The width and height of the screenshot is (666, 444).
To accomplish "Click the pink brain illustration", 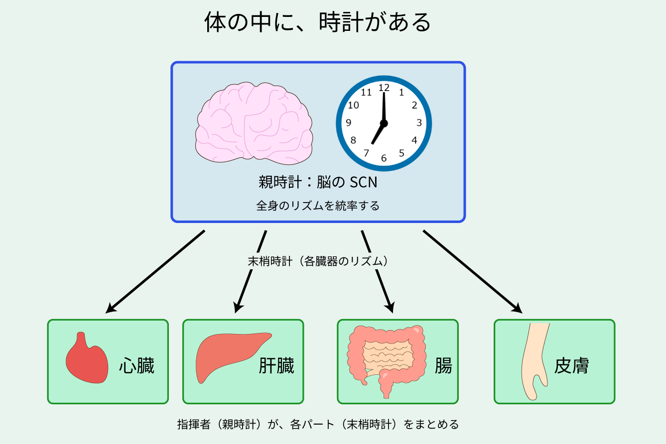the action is pyautogui.click(x=254, y=123).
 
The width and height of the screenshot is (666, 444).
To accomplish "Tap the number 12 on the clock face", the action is pyautogui.click(x=384, y=88).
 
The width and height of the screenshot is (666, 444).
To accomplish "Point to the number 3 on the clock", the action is pyautogui.click(x=419, y=123).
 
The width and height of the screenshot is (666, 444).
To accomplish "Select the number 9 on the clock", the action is pyautogui.click(x=349, y=123).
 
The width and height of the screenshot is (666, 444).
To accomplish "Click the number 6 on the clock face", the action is pyautogui.click(x=384, y=158).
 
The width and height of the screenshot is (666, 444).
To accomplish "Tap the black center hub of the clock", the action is pyautogui.click(x=384, y=123).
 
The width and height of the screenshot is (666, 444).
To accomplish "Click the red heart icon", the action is pyautogui.click(x=87, y=358).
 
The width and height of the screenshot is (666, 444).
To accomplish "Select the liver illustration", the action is pyautogui.click(x=232, y=356).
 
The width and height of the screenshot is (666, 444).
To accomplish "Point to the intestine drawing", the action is pyautogui.click(x=386, y=361).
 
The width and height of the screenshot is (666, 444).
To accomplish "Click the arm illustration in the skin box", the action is pyautogui.click(x=535, y=361).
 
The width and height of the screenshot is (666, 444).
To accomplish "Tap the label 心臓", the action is pyautogui.click(x=137, y=365).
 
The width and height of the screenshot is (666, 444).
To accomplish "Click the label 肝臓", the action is pyautogui.click(x=276, y=365).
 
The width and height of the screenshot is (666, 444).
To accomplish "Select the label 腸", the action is pyautogui.click(x=443, y=365).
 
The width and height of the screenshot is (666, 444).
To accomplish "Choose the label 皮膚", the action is pyautogui.click(x=571, y=365).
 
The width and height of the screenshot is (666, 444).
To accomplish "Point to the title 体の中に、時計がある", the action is pyautogui.click(x=317, y=22).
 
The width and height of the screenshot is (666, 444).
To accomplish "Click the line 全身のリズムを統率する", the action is pyautogui.click(x=318, y=206).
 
